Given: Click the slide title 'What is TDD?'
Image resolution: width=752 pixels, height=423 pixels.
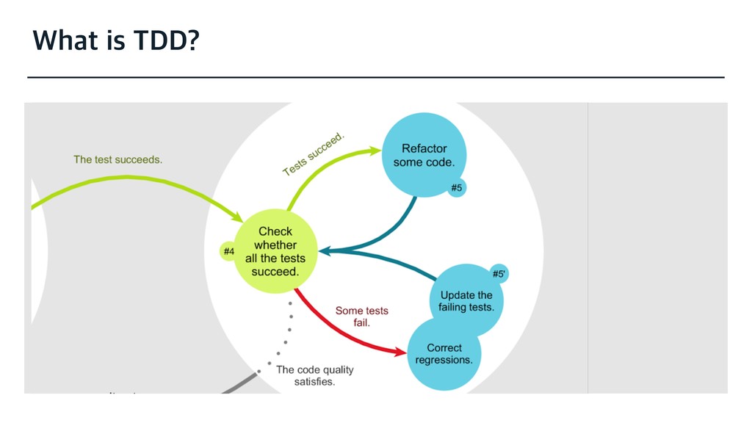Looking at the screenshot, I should pos(115,42).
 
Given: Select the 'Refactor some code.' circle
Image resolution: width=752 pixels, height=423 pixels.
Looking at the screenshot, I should pos(424,154).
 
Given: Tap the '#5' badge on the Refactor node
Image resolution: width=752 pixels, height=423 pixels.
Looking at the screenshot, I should pos(456,188).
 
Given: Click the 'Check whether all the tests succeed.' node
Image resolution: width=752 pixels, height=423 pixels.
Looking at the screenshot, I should pos(275,251).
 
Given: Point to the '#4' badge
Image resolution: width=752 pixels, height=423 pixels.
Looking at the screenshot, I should pos(228,252).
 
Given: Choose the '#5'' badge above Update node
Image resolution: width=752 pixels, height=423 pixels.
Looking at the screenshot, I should pos(499,274).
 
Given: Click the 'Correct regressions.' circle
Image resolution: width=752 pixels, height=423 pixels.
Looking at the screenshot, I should pos(444,354).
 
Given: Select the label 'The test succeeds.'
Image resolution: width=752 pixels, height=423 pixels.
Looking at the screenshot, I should pos(117,159).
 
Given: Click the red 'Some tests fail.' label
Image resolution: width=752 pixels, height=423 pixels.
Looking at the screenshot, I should pos(361,316).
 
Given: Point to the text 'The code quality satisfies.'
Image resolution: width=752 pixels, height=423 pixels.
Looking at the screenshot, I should pos(314,375).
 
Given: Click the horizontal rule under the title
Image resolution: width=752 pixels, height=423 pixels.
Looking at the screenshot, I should pos(375,76).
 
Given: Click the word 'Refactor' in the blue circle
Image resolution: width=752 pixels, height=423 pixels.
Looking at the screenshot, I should pos(424,148).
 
